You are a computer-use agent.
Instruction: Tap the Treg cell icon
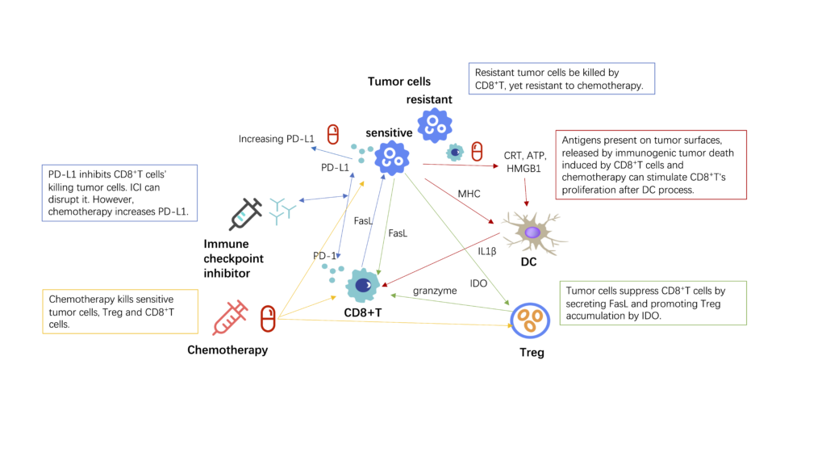tap(529, 321)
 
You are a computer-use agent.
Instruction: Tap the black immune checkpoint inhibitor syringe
tap(245, 214)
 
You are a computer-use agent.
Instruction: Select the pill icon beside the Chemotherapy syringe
tap(268, 319)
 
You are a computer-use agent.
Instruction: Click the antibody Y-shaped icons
tap(284, 208)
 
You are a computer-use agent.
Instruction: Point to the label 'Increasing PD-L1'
tap(276, 139)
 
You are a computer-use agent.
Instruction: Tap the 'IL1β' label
tap(486, 251)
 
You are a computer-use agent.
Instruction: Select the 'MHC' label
tap(469, 194)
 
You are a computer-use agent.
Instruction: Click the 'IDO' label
tap(478, 283)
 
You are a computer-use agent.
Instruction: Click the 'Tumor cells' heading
tap(398, 82)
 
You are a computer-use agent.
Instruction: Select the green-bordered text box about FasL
tap(653, 303)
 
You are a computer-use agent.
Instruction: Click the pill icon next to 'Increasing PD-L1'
tap(332, 134)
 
